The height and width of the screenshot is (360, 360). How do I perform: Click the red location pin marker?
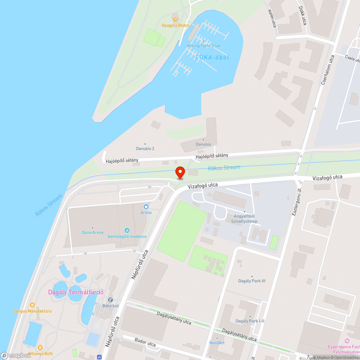[180, 172]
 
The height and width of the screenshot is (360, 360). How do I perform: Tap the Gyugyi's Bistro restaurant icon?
[175, 19]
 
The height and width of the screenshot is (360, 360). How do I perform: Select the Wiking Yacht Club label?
[203, 46]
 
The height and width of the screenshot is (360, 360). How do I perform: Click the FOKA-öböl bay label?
[212, 57]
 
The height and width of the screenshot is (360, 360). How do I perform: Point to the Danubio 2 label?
[145, 148]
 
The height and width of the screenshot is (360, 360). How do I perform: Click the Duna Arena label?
[93, 232]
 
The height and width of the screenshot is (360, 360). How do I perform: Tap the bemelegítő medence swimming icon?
[127, 230]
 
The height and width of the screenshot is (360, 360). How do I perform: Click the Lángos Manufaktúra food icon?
[32, 305]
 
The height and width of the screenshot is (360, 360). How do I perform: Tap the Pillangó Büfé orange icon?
[40, 348]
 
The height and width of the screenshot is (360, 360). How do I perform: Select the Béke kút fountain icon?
[111, 300]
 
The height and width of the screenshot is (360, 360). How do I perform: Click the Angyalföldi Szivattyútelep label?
[244, 219]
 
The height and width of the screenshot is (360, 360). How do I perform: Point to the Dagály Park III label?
[252, 281]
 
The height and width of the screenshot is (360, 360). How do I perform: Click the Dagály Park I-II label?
[250, 321]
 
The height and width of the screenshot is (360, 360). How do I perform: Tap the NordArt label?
[217, 343]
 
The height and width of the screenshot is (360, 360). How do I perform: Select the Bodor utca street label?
[145, 342]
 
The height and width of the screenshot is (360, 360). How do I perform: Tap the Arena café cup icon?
[146, 207]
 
